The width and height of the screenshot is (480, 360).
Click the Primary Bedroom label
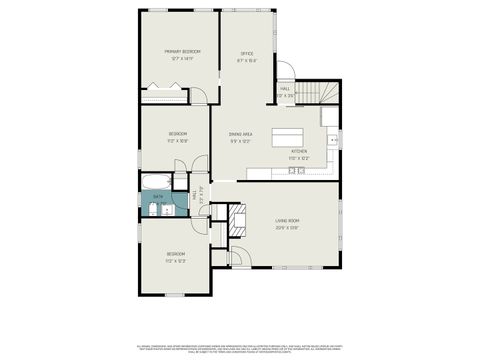tap(182, 51)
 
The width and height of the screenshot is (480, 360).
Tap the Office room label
tap(246, 53)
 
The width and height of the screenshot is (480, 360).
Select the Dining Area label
tap(240, 133)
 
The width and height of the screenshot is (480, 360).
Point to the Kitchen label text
tap(299, 151)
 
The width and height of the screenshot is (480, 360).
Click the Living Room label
tap(288, 220)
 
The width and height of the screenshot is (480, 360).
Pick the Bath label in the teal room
tap(157, 196)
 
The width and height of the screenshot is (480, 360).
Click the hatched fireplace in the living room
tap(238, 218)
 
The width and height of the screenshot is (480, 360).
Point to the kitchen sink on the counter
tap(297, 171)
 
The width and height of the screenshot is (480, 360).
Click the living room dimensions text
tap(288, 227)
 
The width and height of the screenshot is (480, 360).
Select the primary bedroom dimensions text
tap(182, 59)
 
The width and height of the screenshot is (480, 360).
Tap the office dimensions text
tap(246, 60)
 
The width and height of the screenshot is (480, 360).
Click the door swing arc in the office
tap(283, 72)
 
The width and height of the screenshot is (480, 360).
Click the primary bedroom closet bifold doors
tap(162, 92)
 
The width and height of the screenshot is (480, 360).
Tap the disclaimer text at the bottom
tap(240, 348)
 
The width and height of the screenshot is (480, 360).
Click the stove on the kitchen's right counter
tap(333, 139)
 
